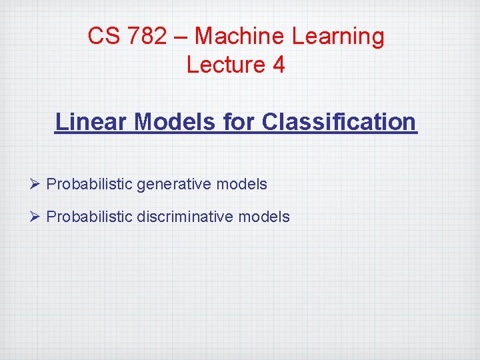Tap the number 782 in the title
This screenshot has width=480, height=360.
(x=147, y=36)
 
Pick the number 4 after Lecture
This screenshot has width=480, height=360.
(x=278, y=65)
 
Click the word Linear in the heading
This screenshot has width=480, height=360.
(x=91, y=122)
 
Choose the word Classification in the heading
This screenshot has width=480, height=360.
(x=339, y=122)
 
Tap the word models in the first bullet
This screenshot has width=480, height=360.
(x=243, y=184)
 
